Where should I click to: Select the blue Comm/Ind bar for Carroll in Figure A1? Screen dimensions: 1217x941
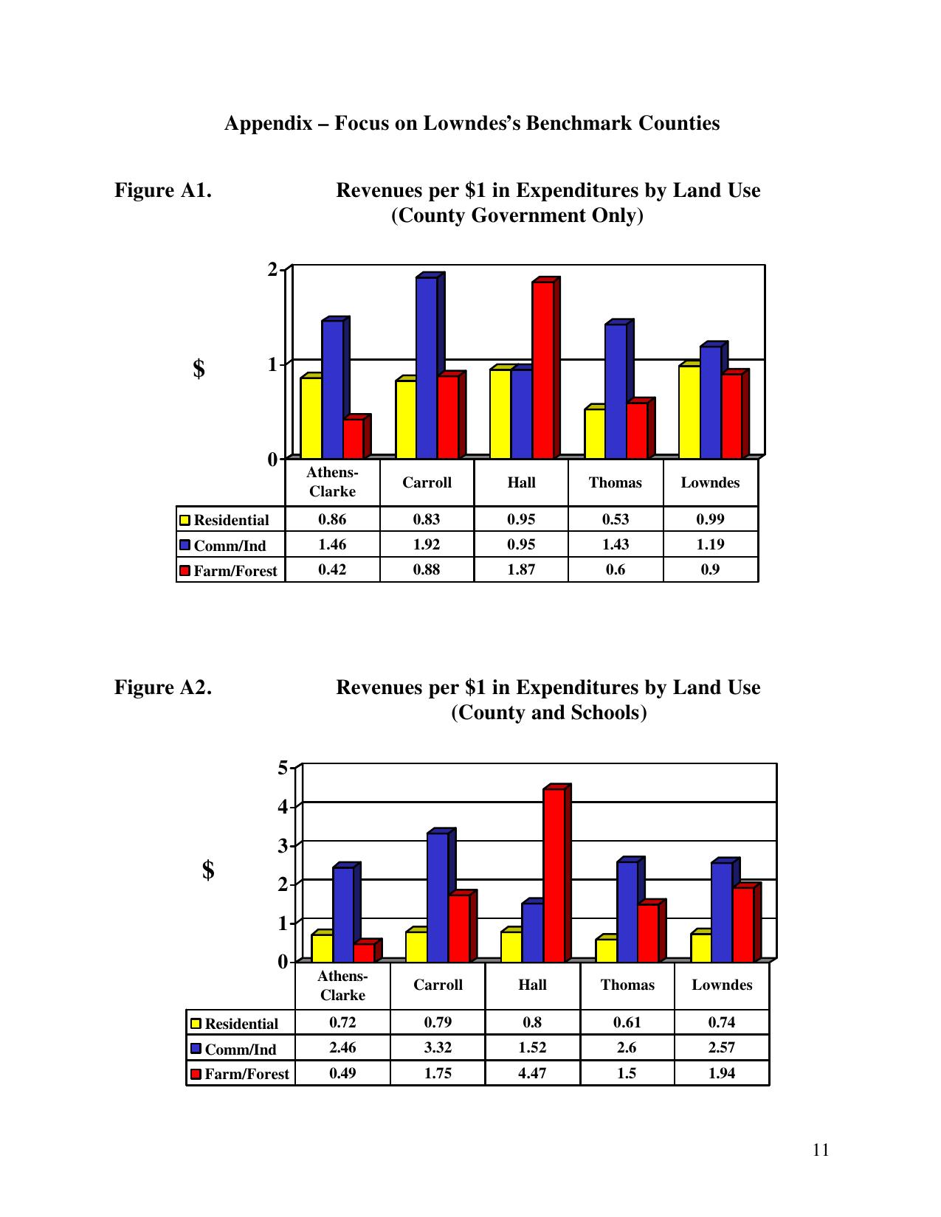pyautogui.click(x=427, y=367)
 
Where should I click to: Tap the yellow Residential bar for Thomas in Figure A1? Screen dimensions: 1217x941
pyautogui.click(x=595, y=433)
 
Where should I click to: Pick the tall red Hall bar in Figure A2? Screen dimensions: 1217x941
pyautogui.click(x=554, y=875)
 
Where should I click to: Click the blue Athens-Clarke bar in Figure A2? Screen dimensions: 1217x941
pyautogui.click(x=343, y=914)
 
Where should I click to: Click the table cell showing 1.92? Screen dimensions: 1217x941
pyautogui.click(x=427, y=544)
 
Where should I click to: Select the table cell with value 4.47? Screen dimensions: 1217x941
pyautogui.click(x=532, y=1073)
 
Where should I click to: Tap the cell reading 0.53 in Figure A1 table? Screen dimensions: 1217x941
pyautogui.click(x=616, y=519)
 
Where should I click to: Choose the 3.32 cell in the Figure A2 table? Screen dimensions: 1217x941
pyautogui.click(x=438, y=1047)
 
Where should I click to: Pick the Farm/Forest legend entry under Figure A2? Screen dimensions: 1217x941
pyautogui.click(x=241, y=1074)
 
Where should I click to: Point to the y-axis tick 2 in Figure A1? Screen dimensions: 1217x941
pyautogui.click(x=272, y=270)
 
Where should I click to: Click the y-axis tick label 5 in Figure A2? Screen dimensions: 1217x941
pyautogui.click(x=283, y=768)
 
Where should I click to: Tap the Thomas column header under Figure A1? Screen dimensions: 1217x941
pyautogui.click(x=616, y=483)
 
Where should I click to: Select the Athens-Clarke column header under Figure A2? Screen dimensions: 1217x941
pyautogui.click(x=342, y=985)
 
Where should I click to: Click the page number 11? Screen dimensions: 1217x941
pyautogui.click(x=821, y=1150)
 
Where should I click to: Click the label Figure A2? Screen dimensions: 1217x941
pyautogui.click(x=163, y=687)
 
